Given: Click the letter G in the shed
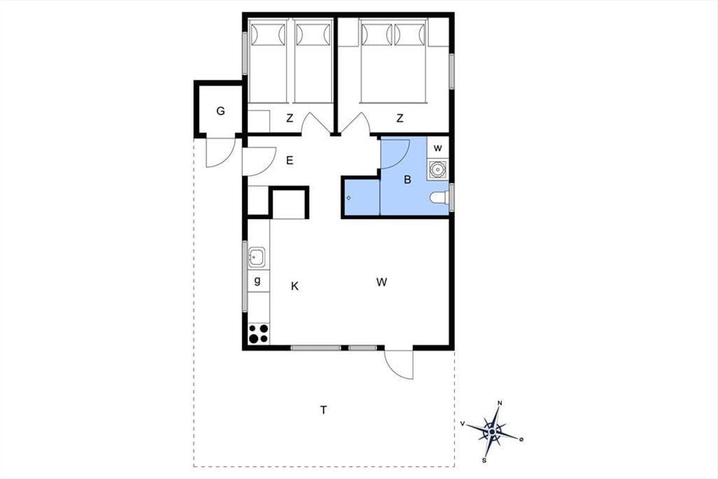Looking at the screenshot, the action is point(221,111).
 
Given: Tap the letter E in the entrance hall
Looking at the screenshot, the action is point(290,160).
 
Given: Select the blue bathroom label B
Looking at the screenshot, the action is point(407,180).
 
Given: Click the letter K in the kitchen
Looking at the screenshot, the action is point(294,286).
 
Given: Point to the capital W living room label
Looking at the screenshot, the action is point(382,283).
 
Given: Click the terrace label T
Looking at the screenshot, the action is point(324,410).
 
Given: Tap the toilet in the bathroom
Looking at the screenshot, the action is point(439,198).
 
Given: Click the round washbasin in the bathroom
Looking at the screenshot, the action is point(437,169).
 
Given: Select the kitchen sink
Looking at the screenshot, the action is point(257,257).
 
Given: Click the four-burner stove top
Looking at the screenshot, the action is point(258,334).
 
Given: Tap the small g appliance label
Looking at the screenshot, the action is point(257,281).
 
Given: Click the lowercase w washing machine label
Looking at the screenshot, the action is point(438,148).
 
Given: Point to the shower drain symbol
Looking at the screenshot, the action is point(349,198).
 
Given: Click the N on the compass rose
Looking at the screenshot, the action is point(500,404).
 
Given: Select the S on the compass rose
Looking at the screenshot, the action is point(484,460).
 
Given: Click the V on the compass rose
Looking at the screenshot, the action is point(462,424).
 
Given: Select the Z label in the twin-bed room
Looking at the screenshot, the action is point(290,119).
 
